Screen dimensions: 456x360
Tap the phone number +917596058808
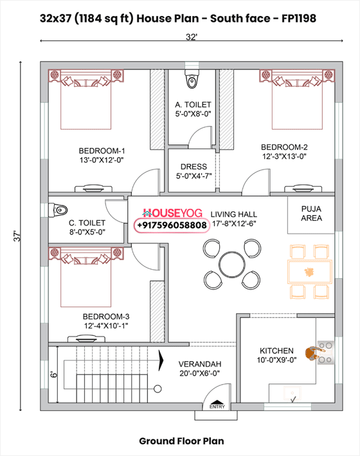pyautogui.click(x=172, y=225)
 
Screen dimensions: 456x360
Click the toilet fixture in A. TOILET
pyautogui.click(x=192, y=80)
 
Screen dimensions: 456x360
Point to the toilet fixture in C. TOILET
pyautogui.click(x=60, y=209)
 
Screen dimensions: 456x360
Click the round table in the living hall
pyautogui.click(x=231, y=262)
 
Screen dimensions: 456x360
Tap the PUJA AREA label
pyautogui.click(x=311, y=213)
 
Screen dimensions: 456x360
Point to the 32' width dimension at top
pyautogui.click(x=192, y=37)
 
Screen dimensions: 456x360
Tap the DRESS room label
pyautogui.click(x=194, y=167)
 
